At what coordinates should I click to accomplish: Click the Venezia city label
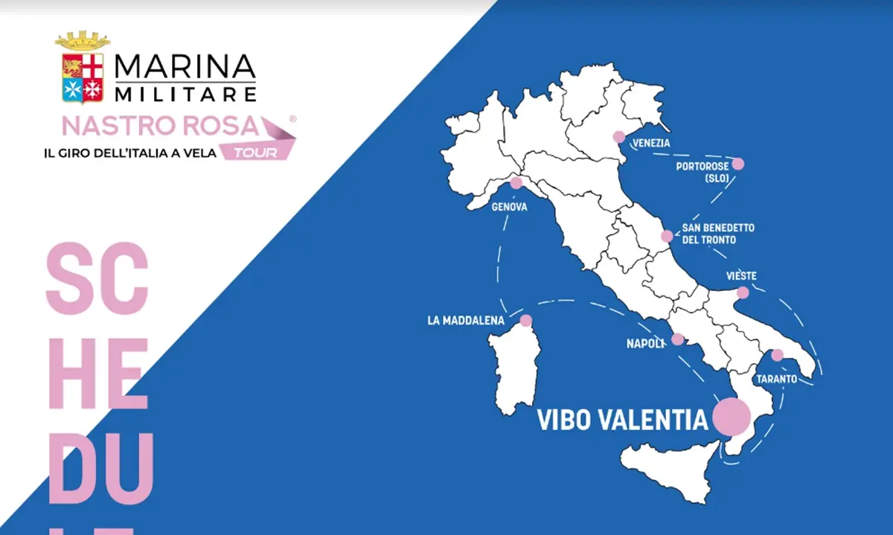pyautogui.click(x=651, y=143)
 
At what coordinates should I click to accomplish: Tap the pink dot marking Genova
pyautogui.click(x=516, y=182)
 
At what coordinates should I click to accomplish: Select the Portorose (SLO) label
pyautogui.click(x=702, y=172)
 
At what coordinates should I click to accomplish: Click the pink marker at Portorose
pyautogui.click(x=738, y=164)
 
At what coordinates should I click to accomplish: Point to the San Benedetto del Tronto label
pyautogui.click(x=718, y=234)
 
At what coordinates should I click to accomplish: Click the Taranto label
pyautogui.click(x=776, y=379)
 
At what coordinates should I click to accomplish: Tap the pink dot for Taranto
pyautogui.click(x=777, y=355)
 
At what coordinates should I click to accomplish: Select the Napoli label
pyautogui.click(x=645, y=344)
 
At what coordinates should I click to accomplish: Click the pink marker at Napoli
pyautogui.click(x=677, y=339)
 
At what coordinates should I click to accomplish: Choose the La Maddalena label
pyautogui.click(x=466, y=321)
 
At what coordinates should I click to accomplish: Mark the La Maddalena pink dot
pyautogui.click(x=526, y=321)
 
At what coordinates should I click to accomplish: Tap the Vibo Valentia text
pyautogui.click(x=622, y=420)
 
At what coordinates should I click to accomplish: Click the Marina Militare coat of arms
pyautogui.click(x=83, y=68)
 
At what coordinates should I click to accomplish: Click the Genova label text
pyautogui.click(x=510, y=208)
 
